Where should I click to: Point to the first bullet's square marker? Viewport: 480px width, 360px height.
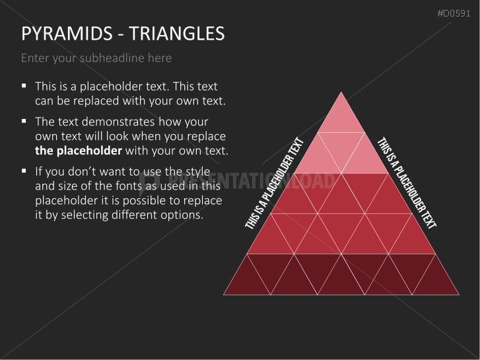tap(24, 86)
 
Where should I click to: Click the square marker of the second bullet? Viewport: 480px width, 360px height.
tap(24, 122)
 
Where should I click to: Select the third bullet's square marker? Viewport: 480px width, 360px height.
tap(24, 170)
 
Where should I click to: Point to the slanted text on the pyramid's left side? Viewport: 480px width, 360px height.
tap(275, 183)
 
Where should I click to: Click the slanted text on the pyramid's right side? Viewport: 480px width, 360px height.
tap(407, 183)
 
